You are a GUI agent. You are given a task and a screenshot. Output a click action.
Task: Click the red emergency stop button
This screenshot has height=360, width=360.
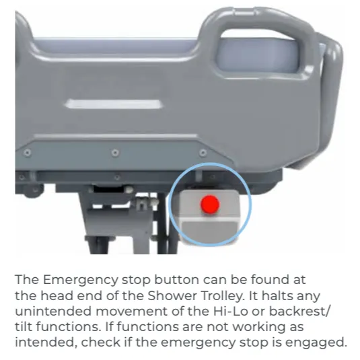[x=210, y=204]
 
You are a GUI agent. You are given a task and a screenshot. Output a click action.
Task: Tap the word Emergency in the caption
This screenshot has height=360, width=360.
[x=80, y=281]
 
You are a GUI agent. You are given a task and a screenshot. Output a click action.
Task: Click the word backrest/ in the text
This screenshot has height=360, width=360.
[x=299, y=312]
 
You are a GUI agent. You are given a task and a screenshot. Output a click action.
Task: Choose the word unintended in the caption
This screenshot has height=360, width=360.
[x=53, y=312]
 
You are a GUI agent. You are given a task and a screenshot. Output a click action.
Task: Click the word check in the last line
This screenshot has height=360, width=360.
[x=100, y=343]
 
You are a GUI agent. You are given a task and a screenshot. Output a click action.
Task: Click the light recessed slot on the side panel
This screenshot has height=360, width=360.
[x=114, y=104]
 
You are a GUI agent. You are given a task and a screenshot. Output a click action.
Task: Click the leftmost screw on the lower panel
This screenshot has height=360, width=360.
[x=28, y=153]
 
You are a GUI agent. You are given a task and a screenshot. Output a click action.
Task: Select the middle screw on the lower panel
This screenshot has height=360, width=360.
[x=115, y=153]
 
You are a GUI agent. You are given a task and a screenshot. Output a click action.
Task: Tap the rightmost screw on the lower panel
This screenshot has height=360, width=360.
[x=203, y=153]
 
